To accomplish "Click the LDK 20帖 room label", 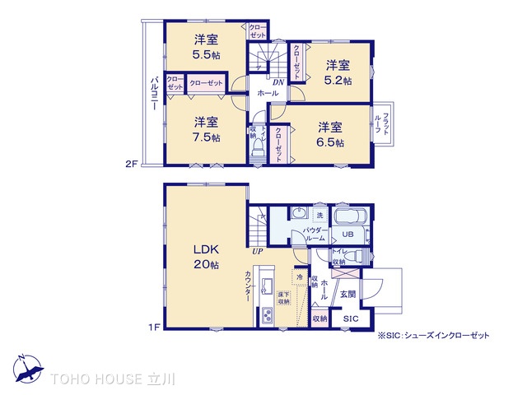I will (x=206, y=256).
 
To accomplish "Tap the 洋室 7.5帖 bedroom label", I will (x=206, y=130).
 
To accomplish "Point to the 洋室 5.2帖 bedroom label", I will (x=337, y=73).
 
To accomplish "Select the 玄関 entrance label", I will (x=348, y=294).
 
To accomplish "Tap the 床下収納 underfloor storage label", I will (x=282, y=296).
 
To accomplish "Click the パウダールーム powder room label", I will (x=315, y=233).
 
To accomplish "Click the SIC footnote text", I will (x=433, y=335).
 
